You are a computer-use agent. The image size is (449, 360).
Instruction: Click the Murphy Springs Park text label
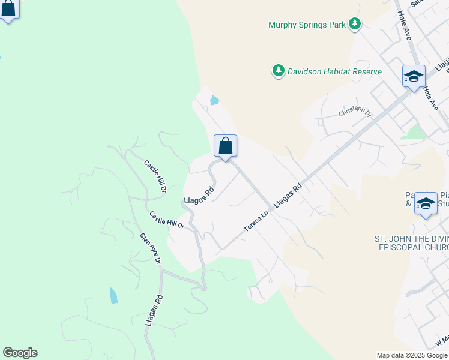pyautogui.click(x=307, y=25)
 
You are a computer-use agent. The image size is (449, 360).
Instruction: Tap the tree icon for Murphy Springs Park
pyautogui.click(x=355, y=24)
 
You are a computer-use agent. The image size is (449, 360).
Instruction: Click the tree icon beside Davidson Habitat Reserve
pyautogui.click(x=278, y=71)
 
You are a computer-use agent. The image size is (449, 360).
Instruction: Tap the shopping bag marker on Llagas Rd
pyautogui.click(x=225, y=146)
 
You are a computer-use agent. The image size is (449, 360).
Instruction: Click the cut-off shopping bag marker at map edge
pyautogui.click(x=8, y=9)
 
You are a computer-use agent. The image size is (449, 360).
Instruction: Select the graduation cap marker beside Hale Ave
pyautogui.click(x=414, y=77)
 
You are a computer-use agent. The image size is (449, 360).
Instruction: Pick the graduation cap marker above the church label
pyautogui.click(x=426, y=203)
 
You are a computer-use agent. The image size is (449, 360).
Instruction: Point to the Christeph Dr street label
pyautogui.click(x=355, y=112)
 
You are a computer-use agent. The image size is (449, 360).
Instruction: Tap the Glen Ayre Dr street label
pyautogui.click(x=150, y=249)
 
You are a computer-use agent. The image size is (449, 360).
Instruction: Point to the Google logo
pyautogui.click(x=20, y=353)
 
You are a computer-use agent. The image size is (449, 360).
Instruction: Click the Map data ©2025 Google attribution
pyautogui.click(x=411, y=355)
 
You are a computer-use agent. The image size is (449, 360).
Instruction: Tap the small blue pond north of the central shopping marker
pyautogui.click(x=214, y=100)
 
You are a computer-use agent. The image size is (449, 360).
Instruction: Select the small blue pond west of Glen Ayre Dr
pyautogui.click(x=113, y=295)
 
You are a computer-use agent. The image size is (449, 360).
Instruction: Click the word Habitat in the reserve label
pyautogui.click(x=334, y=71)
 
